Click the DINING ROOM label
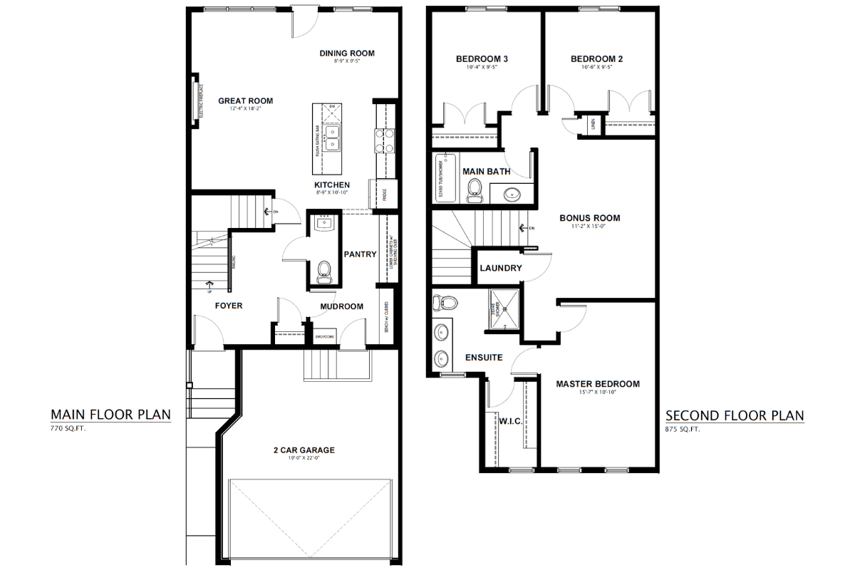[347, 53]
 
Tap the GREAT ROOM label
[245, 100]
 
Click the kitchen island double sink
[332, 138]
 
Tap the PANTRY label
[360, 254]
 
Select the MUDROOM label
[341, 306]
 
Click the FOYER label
[229, 306]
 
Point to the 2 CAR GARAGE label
[304, 450]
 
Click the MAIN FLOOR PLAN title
[110, 415]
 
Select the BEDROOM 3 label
[481, 59]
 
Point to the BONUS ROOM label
[589, 218]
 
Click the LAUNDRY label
[501, 269]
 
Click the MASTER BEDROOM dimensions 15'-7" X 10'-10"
[598, 393]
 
